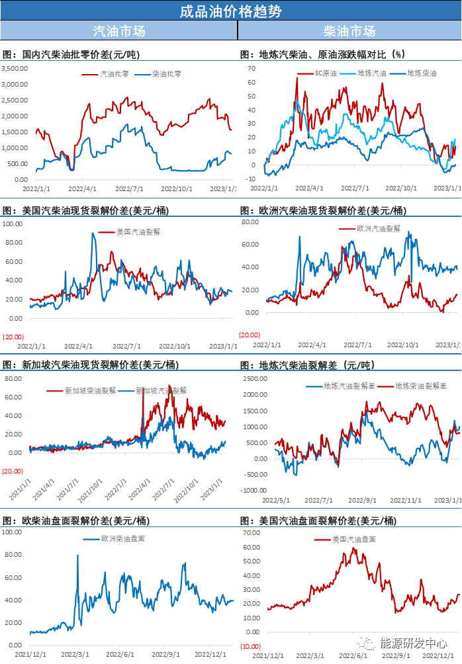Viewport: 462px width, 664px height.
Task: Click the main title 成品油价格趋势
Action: click(x=230, y=11)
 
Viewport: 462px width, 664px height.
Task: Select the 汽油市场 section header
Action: click(x=118, y=31)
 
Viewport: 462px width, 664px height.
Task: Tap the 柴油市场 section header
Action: click(x=349, y=31)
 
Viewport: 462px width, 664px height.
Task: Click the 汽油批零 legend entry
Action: click(x=113, y=74)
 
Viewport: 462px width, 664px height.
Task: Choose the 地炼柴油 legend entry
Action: click(x=421, y=73)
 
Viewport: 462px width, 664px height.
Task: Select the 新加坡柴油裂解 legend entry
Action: click(x=90, y=391)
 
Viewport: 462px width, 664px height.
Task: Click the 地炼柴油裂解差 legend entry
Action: click(x=420, y=386)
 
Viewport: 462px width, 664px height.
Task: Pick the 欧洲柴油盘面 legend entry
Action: click(x=122, y=538)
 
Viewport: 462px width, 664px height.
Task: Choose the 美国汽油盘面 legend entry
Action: click(x=353, y=539)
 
